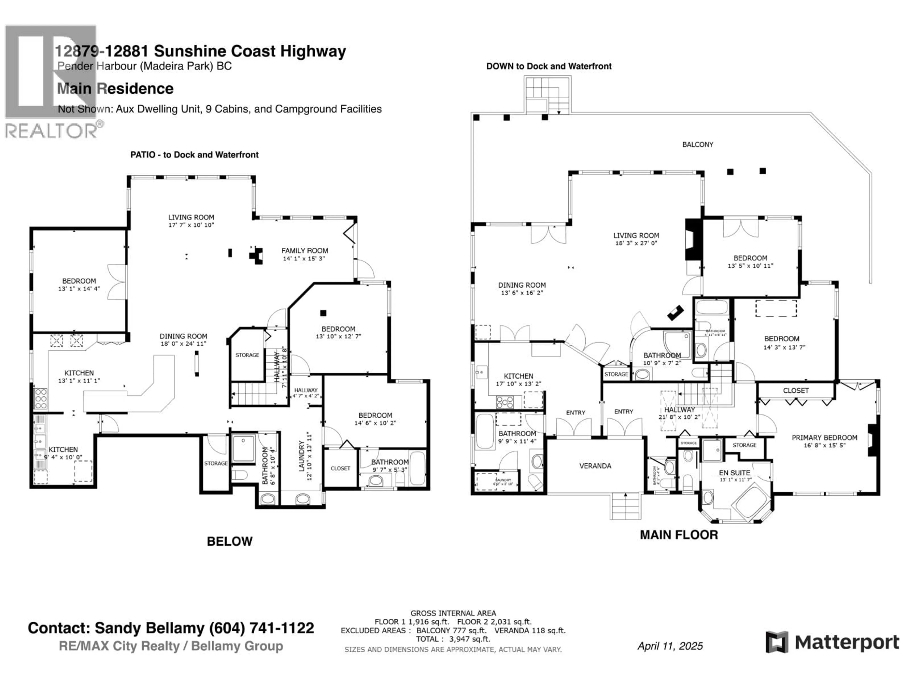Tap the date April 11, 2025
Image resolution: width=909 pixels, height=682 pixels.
670,646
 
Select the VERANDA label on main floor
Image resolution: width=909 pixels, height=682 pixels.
595,466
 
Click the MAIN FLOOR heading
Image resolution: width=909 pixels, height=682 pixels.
679,535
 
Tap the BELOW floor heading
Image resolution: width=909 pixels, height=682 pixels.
229,541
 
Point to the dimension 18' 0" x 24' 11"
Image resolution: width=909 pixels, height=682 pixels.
183,343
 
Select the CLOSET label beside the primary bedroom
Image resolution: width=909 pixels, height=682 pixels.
796,390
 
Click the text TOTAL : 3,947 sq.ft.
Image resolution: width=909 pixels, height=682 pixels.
453,639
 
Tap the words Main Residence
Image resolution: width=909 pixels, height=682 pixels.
115,88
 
